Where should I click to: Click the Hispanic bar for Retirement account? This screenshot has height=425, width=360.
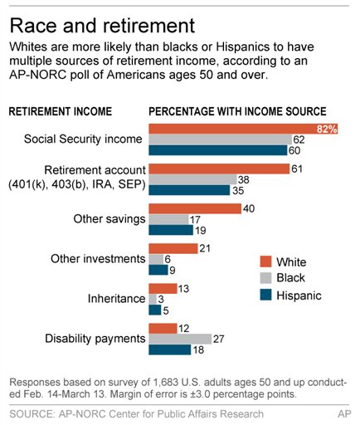click(188, 190)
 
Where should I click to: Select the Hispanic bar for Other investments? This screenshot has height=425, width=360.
click(158, 270)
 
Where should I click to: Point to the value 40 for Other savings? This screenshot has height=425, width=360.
click(248, 208)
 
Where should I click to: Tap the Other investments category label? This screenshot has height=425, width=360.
click(98, 259)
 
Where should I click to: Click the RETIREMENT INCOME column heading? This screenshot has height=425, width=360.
click(62, 110)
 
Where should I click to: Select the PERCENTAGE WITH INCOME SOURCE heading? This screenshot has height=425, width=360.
click(237, 110)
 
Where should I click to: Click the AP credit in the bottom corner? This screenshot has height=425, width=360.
click(343, 413)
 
